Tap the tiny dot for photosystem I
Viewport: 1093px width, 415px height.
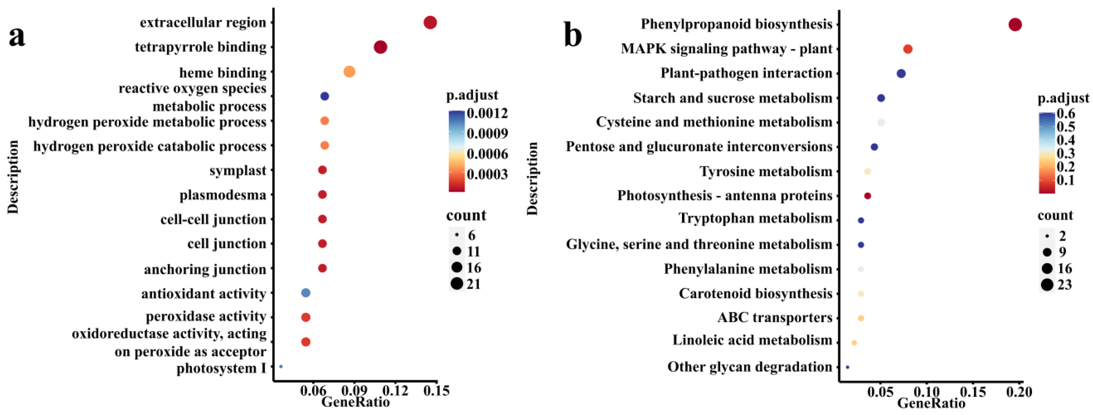(x=281, y=366)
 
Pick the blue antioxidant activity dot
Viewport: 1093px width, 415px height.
(x=305, y=293)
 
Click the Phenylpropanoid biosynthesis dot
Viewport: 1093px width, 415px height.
(x=1015, y=25)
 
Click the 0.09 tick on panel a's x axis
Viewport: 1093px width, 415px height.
(x=354, y=390)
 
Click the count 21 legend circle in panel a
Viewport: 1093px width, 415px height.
(x=457, y=283)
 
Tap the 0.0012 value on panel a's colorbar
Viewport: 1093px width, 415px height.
(x=487, y=113)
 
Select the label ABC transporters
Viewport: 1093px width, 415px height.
(x=775, y=317)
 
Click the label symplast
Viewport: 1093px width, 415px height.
(x=238, y=170)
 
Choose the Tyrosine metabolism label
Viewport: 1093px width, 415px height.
(x=766, y=171)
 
